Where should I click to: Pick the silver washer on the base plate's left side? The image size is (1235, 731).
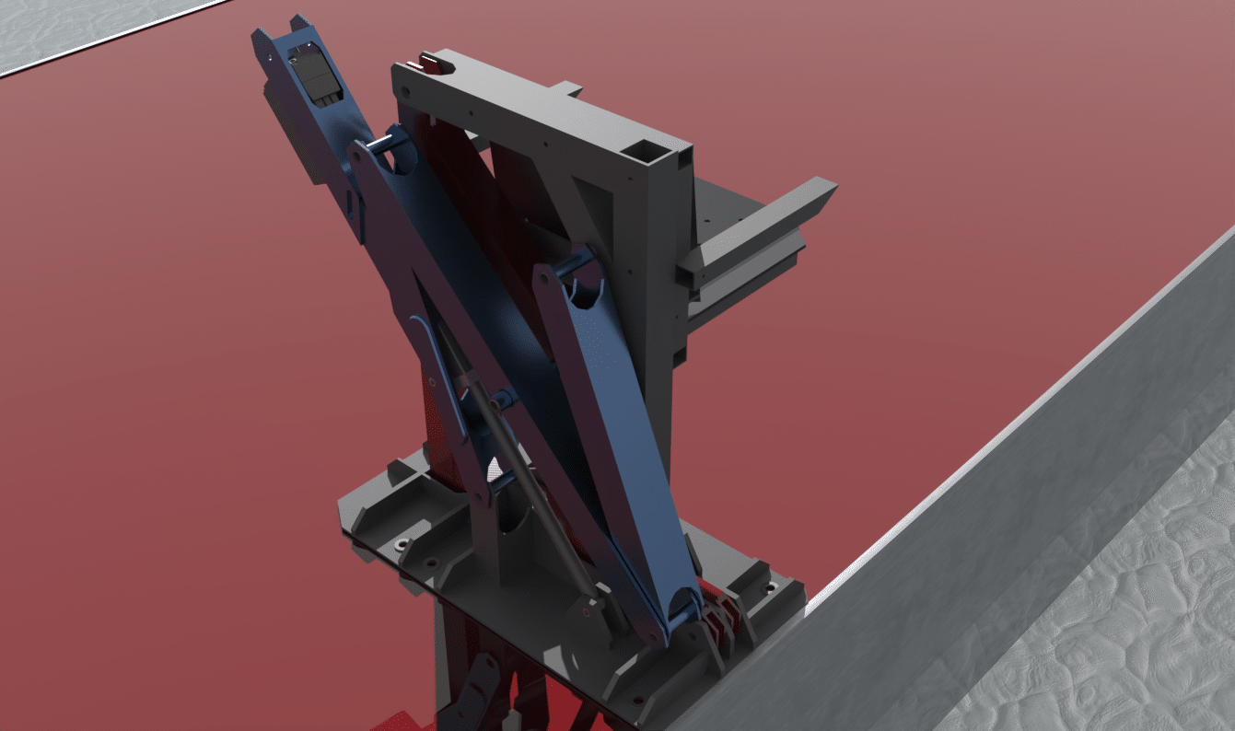(402, 545)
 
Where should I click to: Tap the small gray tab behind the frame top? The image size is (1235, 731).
(568, 88)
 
